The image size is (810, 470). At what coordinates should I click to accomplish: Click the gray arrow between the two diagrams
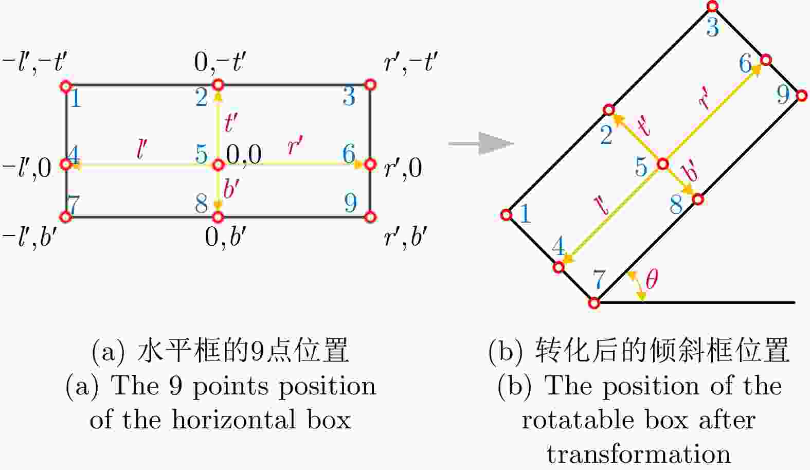[x=481, y=143]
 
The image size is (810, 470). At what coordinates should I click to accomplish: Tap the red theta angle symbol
[x=652, y=279]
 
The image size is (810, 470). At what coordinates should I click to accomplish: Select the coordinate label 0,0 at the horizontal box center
[x=244, y=155]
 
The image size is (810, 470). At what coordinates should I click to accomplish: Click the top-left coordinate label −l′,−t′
[x=34, y=63]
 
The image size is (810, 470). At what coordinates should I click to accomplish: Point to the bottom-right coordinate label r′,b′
[x=406, y=238]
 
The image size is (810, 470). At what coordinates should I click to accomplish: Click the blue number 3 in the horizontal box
[x=349, y=96]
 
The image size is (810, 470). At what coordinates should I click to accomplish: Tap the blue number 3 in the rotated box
[x=713, y=27]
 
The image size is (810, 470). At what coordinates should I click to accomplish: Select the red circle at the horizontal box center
[x=218, y=165]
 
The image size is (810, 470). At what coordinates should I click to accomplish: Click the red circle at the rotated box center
[x=662, y=164]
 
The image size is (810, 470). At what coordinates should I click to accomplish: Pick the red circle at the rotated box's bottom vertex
[x=594, y=303]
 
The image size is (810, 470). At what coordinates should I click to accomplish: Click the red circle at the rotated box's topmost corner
[x=712, y=6]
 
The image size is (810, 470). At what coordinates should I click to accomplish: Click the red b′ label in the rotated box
[x=689, y=172]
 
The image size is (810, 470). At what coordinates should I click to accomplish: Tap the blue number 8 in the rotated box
[x=676, y=204]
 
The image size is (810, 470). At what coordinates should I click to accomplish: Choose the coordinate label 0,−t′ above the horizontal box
[x=220, y=62]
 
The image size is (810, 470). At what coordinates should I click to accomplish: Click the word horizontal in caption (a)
[x=234, y=420]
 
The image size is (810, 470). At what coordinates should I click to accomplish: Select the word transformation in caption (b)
[x=639, y=454]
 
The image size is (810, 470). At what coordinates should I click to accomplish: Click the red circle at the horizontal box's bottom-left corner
[x=66, y=217]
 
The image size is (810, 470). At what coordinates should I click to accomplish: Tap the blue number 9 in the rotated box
[x=783, y=95]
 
